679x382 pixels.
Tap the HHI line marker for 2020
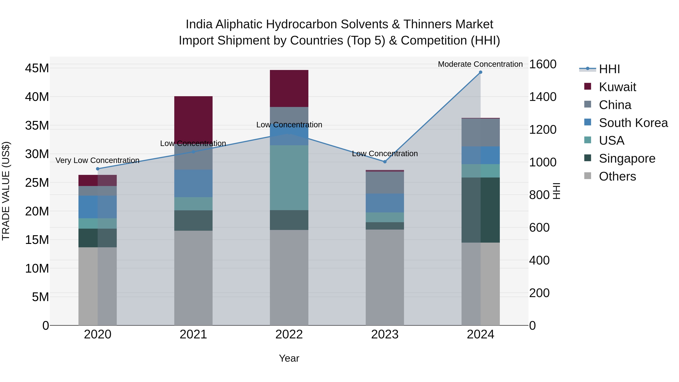pyautogui.click(x=98, y=169)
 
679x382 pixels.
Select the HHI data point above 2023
pyautogui.click(x=385, y=162)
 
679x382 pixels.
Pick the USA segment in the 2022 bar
pyautogui.click(x=289, y=178)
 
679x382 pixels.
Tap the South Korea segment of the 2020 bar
pyautogui.click(x=98, y=207)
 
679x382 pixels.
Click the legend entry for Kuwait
pyautogui.click(x=617, y=87)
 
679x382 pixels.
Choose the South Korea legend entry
pyautogui.click(x=633, y=123)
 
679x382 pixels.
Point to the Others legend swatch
pyautogui.click(x=588, y=176)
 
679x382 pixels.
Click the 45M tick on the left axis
pyautogui.click(x=37, y=68)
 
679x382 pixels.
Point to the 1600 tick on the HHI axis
pyautogui.click(x=543, y=64)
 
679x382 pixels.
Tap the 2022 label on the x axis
pyautogui.click(x=289, y=334)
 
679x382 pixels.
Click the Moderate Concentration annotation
pyautogui.click(x=480, y=64)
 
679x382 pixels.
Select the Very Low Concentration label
pyautogui.click(x=97, y=160)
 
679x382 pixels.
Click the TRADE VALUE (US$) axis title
pyautogui.click(x=6, y=191)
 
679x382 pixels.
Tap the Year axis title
pyautogui.click(x=289, y=358)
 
